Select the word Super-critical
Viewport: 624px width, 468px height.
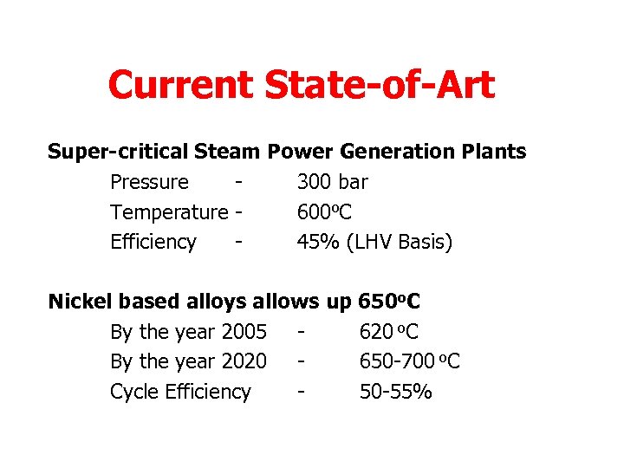tap(117, 153)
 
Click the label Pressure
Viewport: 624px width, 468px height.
tap(149, 183)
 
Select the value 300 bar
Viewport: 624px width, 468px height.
tap(332, 183)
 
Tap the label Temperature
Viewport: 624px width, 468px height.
tap(168, 212)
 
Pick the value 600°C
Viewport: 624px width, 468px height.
tap(324, 212)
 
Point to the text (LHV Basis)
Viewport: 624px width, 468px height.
tap(399, 242)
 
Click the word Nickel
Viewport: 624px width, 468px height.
tap(80, 302)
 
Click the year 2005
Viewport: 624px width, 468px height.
tap(244, 332)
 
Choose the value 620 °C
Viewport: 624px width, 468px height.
tap(389, 332)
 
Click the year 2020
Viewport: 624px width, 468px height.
tap(244, 361)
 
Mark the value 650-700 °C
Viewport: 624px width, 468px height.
tap(410, 361)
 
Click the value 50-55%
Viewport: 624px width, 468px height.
tap(396, 392)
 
